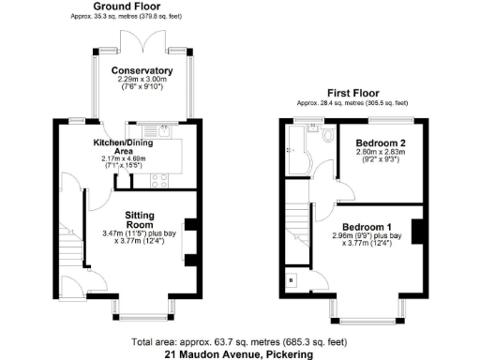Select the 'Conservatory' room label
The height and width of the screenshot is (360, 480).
tap(142, 70)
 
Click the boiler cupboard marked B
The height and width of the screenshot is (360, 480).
tap(292, 280)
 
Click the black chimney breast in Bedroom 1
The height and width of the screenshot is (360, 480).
tap(417, 231)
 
